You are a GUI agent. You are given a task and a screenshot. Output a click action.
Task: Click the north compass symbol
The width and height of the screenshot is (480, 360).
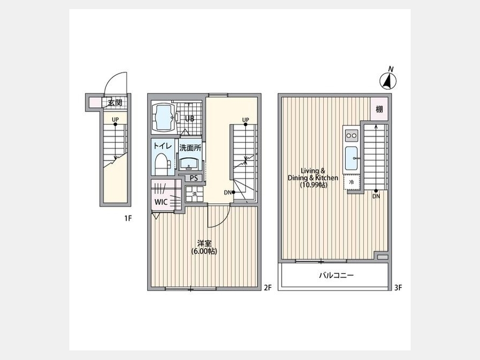point(388,81)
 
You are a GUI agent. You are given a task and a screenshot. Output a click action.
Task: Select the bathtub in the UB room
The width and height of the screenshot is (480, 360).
point(163,117)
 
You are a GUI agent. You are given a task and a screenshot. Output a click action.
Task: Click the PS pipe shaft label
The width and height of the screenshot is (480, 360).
point(194,178)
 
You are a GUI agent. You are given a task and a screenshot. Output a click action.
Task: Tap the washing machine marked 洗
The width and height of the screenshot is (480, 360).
point(194,194)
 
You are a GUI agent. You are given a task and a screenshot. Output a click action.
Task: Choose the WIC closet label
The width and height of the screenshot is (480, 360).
point(161,202)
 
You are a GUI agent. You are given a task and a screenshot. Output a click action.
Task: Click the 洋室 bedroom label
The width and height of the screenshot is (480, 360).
point(204,243)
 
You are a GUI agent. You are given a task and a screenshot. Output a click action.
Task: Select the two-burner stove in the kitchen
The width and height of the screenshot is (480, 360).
point(351,135)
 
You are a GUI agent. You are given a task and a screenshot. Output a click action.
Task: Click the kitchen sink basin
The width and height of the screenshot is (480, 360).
point(351,158)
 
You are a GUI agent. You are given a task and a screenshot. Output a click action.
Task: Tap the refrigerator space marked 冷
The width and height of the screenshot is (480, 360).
point(351,182)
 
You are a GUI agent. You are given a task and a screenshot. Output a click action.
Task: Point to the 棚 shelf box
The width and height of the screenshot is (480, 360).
point(379,109)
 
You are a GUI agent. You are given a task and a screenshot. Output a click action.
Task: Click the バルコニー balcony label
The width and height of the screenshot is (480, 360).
point(337,275)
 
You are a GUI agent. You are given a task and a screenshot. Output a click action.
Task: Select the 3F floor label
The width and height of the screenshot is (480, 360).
point(398,287)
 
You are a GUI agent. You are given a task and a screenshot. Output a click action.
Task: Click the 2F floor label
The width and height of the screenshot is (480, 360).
point(268,287)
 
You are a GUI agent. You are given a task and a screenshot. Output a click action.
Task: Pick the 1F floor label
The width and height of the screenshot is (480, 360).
point(128,218)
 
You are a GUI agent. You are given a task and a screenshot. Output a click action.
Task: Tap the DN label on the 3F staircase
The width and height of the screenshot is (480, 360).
point(376,196)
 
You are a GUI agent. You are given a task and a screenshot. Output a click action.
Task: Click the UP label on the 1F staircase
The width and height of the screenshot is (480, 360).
point(115,119)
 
